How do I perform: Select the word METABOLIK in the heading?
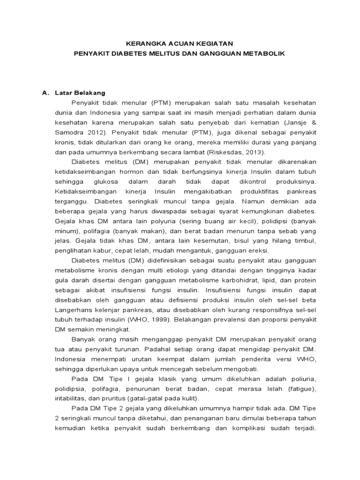(263, 53)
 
